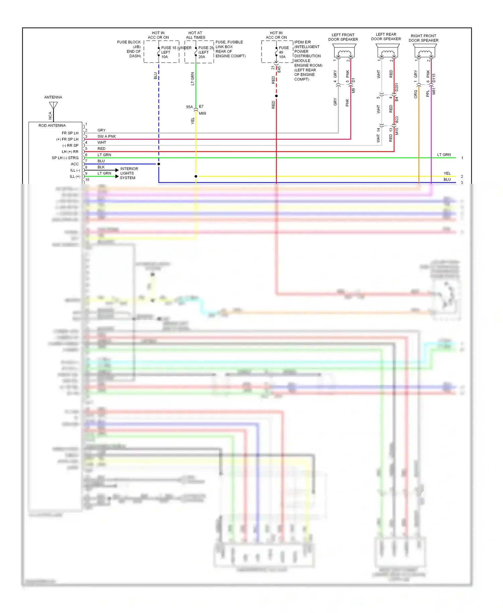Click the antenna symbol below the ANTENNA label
click(53, 106)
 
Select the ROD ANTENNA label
click(52, 125)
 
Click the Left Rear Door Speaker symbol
click(388, 52)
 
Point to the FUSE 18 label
click(169, 48)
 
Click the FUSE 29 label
click(206, 48)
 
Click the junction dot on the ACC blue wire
click(159, 164)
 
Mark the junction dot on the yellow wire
click(196, 176)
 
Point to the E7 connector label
click(201, 107)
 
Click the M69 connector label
click(203, 113)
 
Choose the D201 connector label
click(397, 87)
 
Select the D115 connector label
click(434, 78)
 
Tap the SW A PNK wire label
click(107, 136)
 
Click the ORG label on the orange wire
click(416, 94)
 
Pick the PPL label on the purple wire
click(428, 94)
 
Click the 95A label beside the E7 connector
click(189, 107)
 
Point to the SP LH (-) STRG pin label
click(65, 158)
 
